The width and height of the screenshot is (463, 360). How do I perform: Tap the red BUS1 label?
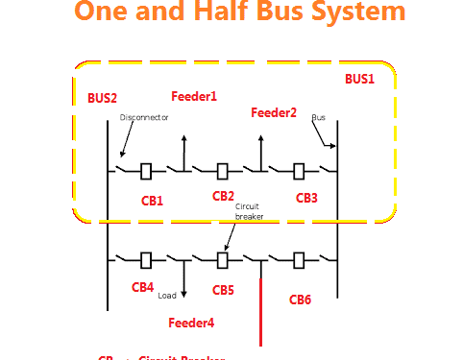click(359, 79)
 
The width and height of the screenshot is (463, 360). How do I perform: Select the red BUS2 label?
click(102, 98)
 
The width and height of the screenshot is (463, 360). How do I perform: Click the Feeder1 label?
click(194, 96)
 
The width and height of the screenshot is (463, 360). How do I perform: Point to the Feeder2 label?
click(274, 112)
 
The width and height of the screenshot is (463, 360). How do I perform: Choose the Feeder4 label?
click(191, 323)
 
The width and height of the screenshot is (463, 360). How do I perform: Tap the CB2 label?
click(223, 196)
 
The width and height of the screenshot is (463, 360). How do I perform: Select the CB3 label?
click(306, 199)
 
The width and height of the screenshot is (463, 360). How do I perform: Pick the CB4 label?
click(142, 286)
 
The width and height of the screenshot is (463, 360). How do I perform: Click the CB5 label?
click(223, 289)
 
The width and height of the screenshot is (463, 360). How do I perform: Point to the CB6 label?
click(301, 300)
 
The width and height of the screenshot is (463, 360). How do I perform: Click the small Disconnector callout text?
click(144, 117)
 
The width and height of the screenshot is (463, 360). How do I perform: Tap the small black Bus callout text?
click(318, 117)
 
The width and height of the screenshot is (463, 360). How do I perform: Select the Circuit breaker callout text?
click(249, 211)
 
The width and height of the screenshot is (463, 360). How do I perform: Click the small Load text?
click(167, 296)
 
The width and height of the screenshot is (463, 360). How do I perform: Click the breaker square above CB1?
click(146, 172)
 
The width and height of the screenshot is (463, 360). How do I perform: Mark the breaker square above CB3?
click(299, 172)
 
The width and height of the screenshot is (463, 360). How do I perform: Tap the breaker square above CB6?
click(299, 259)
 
